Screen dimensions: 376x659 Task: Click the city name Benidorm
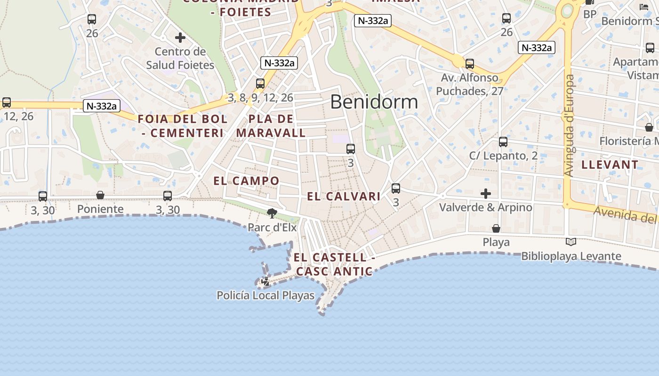(374, 102)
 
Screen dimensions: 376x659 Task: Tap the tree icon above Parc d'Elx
(272, 213)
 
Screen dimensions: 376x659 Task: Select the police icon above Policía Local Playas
(265, 282)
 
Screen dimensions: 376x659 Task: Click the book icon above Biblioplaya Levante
(571, 242)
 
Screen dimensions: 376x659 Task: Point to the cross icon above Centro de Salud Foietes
(180, 38)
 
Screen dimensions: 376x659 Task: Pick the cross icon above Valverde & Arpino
(485, 193)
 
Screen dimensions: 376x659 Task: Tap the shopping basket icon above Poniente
(100, 195)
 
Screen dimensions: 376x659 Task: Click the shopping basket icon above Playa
(496, 228)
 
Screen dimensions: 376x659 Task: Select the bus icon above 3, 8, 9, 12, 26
(260, 84)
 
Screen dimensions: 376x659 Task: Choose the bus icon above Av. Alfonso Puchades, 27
(469, 64)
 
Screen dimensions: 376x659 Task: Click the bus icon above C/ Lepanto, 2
(503, 141)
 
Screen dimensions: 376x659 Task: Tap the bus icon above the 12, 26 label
(7, 102)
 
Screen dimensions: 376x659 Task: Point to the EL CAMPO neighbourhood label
(246, 181)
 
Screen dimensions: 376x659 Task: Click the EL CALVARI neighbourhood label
(344, 196)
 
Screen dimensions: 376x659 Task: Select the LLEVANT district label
(610, 165)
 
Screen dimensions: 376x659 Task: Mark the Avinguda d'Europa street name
(570, 125)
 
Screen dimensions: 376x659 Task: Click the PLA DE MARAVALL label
(271, 126)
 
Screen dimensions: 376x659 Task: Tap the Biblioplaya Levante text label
(571, 256)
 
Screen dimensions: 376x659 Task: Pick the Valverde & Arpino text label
(485, 207)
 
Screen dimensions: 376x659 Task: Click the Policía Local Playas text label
(265, 296)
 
